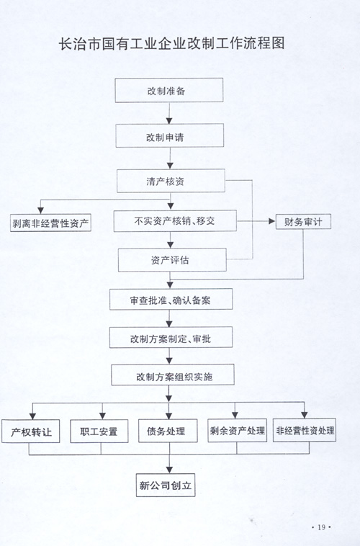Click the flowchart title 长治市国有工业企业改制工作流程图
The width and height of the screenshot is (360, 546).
coord(171,43)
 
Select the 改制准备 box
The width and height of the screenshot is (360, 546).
coord(169,90)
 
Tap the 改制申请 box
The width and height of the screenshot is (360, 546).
coord(169,135)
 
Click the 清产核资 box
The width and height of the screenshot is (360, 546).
coord(171,181)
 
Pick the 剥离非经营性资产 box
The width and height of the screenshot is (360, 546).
coord(50,223)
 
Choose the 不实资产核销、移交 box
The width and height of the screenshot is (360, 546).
coord(175,220)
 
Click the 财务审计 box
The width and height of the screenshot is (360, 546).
coord(303,221)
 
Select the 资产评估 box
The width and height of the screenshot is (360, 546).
coord(172,260)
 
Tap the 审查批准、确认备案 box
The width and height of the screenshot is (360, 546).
coord(171,299)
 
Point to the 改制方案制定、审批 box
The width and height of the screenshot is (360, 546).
coord(171,337)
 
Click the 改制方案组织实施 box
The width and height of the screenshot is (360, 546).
coord(173,375)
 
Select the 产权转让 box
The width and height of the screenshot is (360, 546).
coord(31,431)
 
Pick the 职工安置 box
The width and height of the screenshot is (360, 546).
coord(99,431)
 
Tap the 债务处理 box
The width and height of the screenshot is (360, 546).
coord(168,431)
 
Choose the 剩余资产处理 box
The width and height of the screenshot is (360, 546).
coord(238,431)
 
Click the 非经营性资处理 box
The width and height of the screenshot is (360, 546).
coord(305,430)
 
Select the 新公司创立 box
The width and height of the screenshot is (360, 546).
coord(166,485)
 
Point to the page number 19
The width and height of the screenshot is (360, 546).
coord(321,527)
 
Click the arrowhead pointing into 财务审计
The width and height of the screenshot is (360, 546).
coord(272,221)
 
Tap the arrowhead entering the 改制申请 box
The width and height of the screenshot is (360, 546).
coord(169,120)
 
